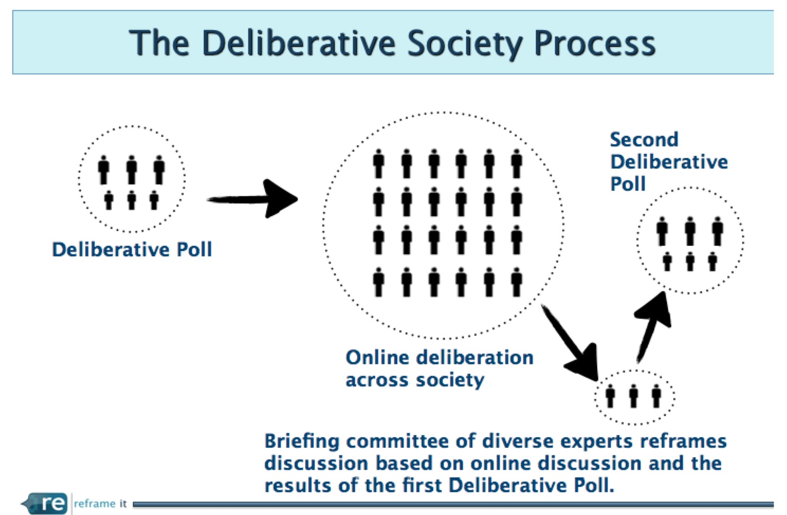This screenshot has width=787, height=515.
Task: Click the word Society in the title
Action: coord(465,43)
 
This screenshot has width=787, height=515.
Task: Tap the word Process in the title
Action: coord(595,43)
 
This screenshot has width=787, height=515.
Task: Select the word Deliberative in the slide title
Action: coord(299,43)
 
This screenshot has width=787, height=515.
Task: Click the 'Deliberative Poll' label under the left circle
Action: coord(132,250)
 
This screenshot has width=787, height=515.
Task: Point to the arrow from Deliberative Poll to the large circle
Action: coord(252,199)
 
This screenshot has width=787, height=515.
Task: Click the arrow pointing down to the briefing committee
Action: coord(570,343)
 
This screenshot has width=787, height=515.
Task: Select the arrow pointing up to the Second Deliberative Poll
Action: coord(653,327)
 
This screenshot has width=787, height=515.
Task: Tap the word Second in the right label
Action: coord(644,140)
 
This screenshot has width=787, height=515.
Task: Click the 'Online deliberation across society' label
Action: coord(440,369)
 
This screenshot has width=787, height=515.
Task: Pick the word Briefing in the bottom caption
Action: coord(302,441)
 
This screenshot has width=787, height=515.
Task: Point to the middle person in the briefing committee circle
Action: coord(634,396)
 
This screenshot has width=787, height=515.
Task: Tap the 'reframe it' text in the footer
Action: coord(100,504)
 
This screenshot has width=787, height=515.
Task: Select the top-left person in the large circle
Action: coord(378,164)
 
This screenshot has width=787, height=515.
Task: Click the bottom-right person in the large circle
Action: coord(516,282)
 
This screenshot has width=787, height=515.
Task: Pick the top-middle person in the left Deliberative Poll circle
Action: coord(132,170)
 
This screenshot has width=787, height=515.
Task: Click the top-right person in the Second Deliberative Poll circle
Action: coord(717,231)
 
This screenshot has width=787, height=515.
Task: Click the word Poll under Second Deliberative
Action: coord(628,183)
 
